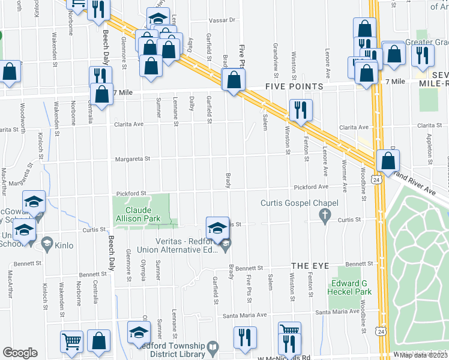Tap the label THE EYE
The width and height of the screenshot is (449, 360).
click(309, 265)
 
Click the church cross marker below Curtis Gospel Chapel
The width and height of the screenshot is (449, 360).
click(325, 215)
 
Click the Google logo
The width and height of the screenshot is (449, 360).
click(19, 353)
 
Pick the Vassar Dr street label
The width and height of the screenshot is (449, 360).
click(223, 20)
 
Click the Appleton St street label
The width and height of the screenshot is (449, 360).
click(430, 143)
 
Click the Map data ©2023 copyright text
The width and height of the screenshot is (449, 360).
click(423, 355)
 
